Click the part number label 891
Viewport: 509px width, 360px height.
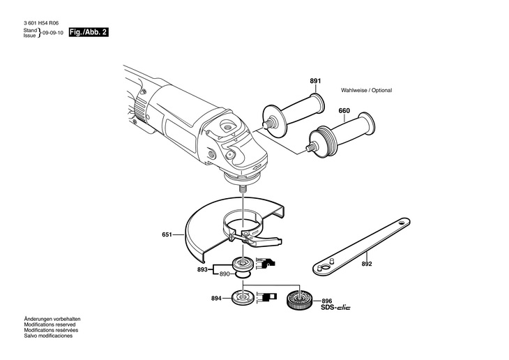(315, 82)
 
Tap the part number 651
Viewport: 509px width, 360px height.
(167, 235)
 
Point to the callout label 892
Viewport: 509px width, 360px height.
(367, 265)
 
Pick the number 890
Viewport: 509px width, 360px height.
(225, 274)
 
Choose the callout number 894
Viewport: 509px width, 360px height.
(216, 299)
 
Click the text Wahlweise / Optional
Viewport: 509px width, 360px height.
(366, 91)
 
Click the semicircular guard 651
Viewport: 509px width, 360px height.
(209, 227)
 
